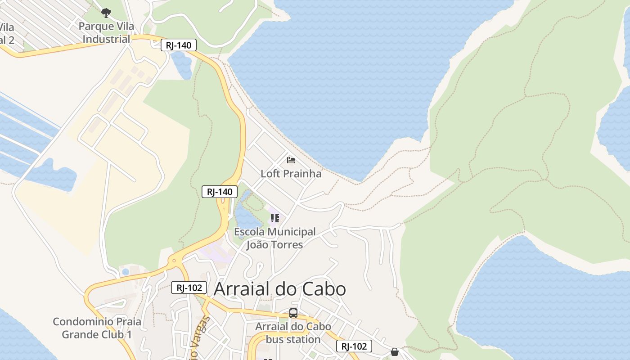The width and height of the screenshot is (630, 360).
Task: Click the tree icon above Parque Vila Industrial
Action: click(106, 13)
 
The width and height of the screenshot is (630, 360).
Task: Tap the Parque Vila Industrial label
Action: click(106, 32)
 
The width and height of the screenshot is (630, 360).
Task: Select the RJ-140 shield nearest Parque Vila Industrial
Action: click(179, 45)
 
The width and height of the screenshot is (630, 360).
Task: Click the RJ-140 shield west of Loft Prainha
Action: click(219, 192)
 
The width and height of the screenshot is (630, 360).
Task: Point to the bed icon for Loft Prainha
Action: click(291, 160)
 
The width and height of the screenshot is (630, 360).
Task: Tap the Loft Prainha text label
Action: click(291, 174)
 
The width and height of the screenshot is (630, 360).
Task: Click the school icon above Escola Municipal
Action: click(274, 219)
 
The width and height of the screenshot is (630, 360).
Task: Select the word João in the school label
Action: click(261, 245)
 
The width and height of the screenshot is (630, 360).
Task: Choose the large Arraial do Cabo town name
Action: click(279, 289)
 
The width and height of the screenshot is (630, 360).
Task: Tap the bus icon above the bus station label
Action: click(293, 313)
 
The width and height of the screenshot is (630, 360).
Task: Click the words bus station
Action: click(293, 339)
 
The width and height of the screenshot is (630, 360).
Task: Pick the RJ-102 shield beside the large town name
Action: click(189, 288)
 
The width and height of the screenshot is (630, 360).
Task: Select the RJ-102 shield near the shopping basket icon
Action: click(354, 346)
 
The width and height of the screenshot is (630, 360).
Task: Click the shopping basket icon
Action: click(395, 352)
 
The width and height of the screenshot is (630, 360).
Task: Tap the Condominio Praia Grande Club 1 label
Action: click(97, 328)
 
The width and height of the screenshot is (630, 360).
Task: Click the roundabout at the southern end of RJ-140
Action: click(174, 261)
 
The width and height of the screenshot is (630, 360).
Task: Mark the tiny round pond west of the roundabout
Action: click(126, 272)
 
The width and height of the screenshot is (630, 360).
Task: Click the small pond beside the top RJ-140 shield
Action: click(182, 65)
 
